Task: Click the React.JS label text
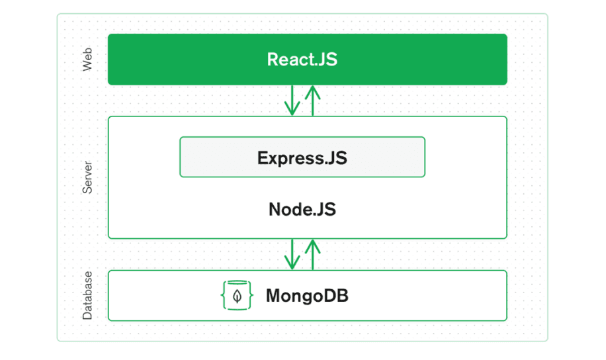point(302,60)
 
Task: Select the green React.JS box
point(308,59)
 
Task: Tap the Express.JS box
point(302,157)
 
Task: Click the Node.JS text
point(302,210)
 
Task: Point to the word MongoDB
point(307,296)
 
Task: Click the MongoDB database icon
point(237,295)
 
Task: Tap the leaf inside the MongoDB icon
point(238,296)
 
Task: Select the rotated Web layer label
point(87,60)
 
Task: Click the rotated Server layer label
point(87,177)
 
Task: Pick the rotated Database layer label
point(87,296)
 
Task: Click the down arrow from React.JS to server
point(292,100)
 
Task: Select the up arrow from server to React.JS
point(313,101)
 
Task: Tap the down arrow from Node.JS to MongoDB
point(292,254)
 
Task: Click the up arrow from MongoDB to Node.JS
point(313,255)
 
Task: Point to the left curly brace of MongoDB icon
point(224,295)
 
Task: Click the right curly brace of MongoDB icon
point(251,295)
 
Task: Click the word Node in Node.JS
point(288,210)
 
